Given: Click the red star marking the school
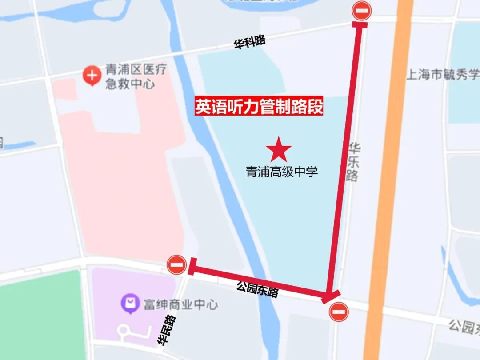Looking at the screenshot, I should (x=279, y=150).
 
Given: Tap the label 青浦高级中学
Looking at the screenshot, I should (x=282, y=172).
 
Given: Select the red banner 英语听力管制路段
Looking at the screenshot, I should (x=259, y=107).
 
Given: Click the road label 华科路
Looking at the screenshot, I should (x=250, y=42).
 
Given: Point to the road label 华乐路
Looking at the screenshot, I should (x=353, y=162).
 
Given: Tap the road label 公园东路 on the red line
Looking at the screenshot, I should (x=257, y=291).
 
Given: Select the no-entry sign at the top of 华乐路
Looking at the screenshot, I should (x=362, y=11).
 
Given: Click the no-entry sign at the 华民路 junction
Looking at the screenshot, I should (x=176, y=265).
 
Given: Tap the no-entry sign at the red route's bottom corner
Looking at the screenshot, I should (x=339, y=312).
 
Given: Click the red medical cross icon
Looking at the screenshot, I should (x=92, y=76).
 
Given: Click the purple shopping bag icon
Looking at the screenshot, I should (x=130, y=304).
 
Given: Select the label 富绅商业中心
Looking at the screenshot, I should (x=180, y=305).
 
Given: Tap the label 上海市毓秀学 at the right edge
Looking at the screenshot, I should (x=443, y=74).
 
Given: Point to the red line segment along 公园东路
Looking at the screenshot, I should (x=258, y=280).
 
